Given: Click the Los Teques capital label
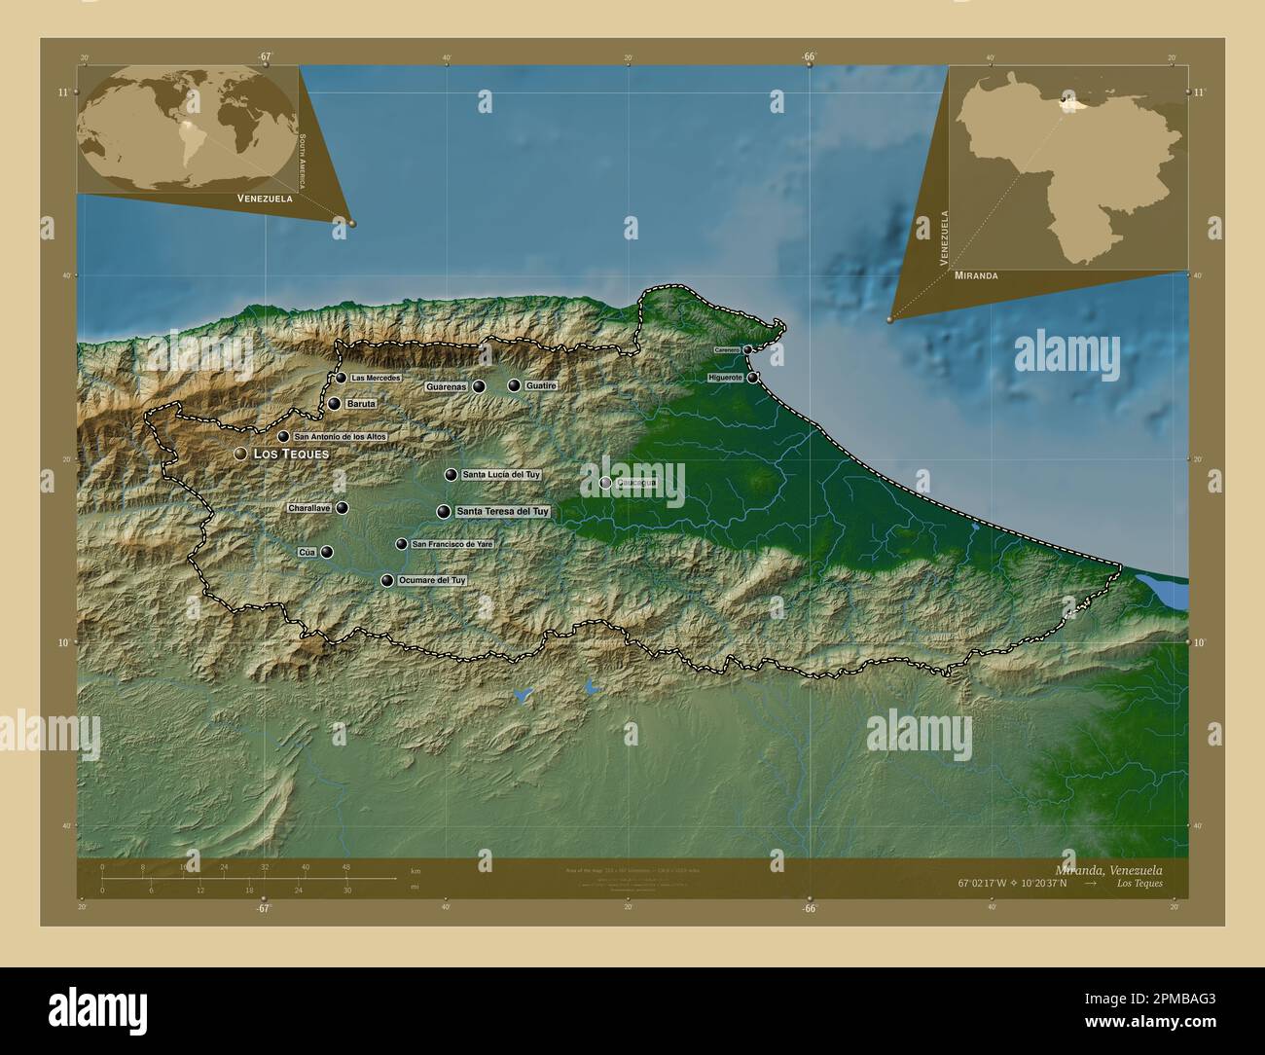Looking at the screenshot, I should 290,455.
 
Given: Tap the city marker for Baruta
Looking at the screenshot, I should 334,404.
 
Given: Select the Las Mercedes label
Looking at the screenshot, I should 376,378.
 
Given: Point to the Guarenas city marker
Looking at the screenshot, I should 479,386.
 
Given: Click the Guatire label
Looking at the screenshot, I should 541,386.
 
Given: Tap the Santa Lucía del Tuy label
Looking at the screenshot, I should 501,475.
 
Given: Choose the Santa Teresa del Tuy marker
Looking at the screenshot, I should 444,512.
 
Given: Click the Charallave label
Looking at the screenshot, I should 309,508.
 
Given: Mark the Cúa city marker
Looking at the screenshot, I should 327,552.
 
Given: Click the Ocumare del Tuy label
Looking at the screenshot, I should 431,580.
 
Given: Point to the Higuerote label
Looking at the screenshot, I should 726,378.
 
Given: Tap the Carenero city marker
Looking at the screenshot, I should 747,349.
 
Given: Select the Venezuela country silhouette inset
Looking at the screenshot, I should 1070,165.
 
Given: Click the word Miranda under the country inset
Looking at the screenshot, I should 976,276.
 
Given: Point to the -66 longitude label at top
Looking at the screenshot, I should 809,56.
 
